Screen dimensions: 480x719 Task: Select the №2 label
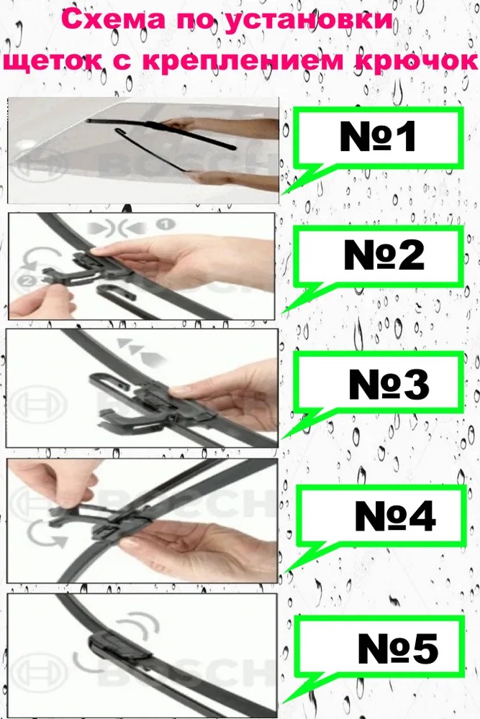(384, 255)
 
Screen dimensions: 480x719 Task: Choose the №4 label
(394, 516)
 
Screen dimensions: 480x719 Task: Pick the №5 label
(397, 648)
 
